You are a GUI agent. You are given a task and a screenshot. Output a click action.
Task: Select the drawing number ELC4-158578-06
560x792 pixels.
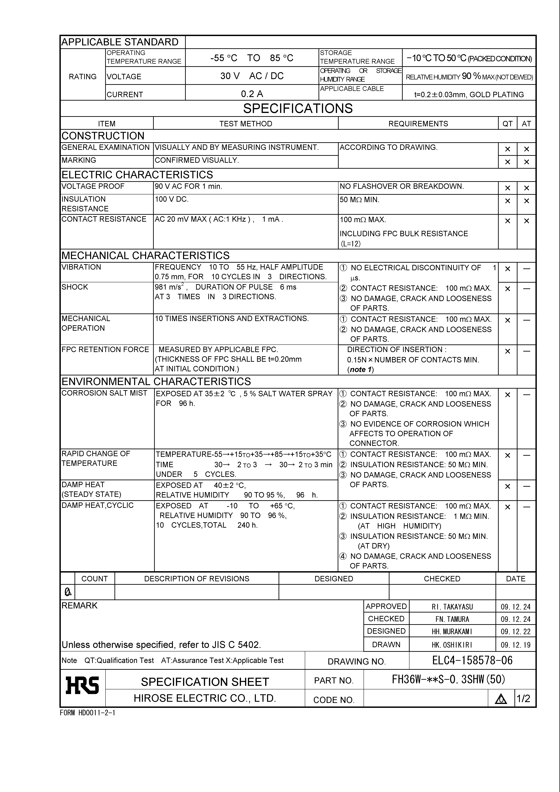[472, 660]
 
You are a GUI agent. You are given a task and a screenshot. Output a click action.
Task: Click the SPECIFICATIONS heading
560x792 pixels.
[298, 108]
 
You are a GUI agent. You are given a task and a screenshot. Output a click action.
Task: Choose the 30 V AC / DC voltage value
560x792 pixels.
[252, 76]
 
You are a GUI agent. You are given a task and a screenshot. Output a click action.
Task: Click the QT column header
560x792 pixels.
[507, 123]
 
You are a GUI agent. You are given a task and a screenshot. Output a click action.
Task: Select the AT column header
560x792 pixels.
[526, 123]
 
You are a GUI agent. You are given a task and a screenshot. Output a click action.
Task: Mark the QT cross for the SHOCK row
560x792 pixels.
[507, 289]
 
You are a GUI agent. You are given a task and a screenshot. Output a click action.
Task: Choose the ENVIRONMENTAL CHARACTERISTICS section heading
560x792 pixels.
[156, 382]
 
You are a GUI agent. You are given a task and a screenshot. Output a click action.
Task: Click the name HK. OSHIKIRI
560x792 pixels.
[452, 645]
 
